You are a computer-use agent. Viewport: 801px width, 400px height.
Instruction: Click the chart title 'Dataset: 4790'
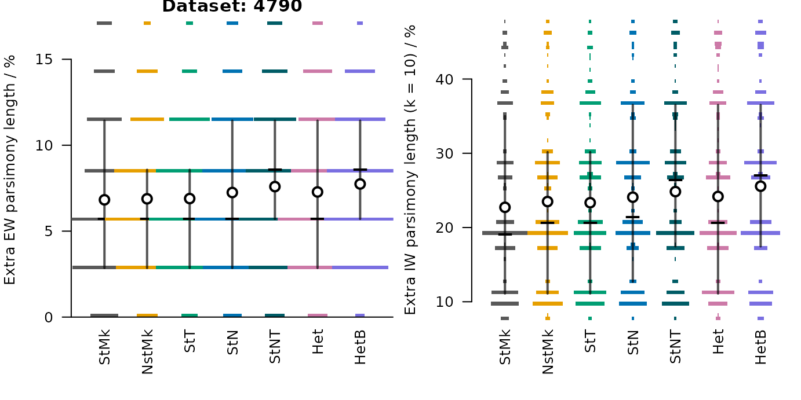tap(232, 6)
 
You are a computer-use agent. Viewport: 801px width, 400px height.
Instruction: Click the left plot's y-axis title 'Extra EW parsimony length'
tap(10, 170)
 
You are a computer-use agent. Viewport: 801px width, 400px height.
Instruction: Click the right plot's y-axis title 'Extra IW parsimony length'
tap(410, 170)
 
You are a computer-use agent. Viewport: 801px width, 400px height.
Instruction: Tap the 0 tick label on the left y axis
tap(49, 317)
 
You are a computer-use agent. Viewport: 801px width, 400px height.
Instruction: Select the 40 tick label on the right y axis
tap(445, 79)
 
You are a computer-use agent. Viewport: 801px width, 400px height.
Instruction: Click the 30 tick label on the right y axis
tap(445, 153)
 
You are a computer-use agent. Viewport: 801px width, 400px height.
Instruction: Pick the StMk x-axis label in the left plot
tap(104, 347)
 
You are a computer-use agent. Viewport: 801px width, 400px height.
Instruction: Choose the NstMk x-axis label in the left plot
tap(147, 352)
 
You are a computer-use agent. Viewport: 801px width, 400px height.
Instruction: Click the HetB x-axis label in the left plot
tap(360, 347)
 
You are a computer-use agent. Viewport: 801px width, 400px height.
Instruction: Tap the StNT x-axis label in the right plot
tap(675, 347)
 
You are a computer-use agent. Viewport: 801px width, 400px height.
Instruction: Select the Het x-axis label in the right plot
tap(718, 342)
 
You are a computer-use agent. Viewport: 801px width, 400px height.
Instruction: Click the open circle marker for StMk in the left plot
tap(104, 200)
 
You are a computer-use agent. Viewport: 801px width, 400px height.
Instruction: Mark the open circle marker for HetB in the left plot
tap(360, 184)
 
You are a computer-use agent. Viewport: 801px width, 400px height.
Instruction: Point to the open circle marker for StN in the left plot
tap(232, 193)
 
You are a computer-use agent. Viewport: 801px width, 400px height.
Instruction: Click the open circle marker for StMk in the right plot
tap(505, 207)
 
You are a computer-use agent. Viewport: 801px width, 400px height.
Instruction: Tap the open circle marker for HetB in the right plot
tap(760, 186)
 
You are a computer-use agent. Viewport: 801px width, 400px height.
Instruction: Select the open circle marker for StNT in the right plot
tap(675, 192)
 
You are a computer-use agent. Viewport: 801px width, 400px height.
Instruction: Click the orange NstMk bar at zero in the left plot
tap(147, 315)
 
